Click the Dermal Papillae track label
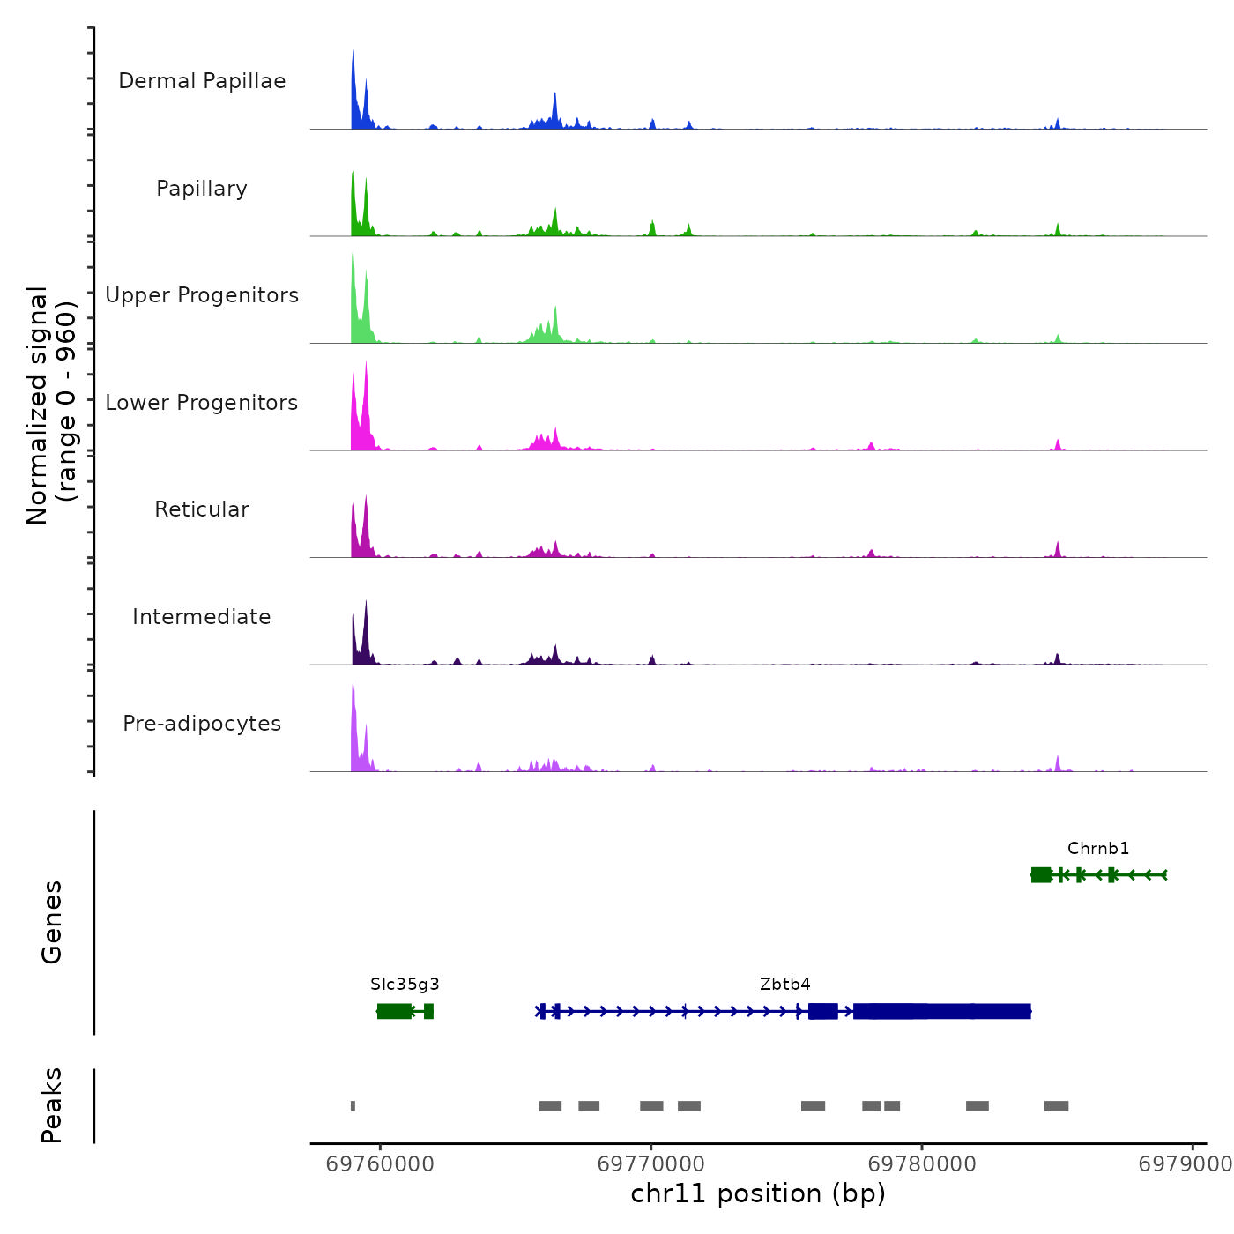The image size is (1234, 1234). (x=202, y=81)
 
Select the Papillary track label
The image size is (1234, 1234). (x=202, y=189)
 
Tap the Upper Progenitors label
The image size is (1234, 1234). (x=202, y=295)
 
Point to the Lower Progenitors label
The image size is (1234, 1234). (x=202, y=403)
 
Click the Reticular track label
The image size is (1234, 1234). (x=202, y=509)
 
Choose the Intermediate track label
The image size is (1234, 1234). (x=202, y=617)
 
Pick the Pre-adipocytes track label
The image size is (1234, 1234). (x=202, y=724)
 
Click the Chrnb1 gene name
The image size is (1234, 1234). (x=1097, y=849)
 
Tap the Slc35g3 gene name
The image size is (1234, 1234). (x=405, y=985)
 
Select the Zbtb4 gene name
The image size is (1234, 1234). (x=784, y=985)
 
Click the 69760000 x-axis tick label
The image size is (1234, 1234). (x=380, y=1164)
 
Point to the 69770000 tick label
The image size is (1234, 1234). (x=651, y=1164)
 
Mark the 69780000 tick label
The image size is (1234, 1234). (x=922, y=1164)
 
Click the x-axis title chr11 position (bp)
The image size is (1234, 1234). (x=758, y=1193)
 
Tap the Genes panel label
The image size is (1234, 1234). (x=52, y=922)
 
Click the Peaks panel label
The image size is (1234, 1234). (x=52, y=1105)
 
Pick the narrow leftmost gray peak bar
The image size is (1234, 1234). (x=353, y=1106)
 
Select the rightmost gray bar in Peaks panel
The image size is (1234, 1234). (x=1056, y=1106)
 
